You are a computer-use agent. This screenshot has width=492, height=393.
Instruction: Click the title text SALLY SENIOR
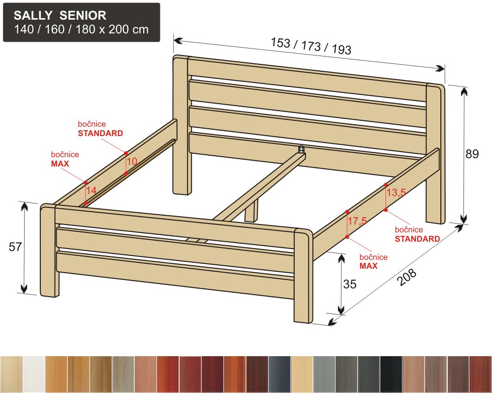[60, 15]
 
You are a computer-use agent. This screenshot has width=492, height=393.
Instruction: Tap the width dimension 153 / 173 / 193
[310, 46]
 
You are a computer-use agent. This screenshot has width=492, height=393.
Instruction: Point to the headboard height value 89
[472, 154]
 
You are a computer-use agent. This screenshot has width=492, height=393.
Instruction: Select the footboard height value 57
[15, 247]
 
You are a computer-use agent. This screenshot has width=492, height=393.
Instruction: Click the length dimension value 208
[407, 277]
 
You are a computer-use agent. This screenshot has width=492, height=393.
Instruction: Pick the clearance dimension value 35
[350, 284]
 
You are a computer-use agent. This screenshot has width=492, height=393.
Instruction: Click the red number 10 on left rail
[132, 162]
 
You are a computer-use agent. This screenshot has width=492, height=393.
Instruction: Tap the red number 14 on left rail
[92, 190]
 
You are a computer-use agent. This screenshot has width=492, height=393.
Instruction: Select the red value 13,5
[396, 192]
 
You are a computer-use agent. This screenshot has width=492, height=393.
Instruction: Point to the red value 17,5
[357, 221]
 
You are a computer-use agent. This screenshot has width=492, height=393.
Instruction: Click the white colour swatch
[34, 374]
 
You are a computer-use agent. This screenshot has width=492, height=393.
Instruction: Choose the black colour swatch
[391, 374]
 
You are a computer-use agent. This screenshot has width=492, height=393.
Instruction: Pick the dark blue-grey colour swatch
[279, 374]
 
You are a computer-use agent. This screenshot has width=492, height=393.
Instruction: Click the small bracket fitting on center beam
[302, 149]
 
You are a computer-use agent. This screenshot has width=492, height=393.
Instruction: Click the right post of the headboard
[435, 154]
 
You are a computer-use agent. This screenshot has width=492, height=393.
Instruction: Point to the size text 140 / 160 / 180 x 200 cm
[81, 29]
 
